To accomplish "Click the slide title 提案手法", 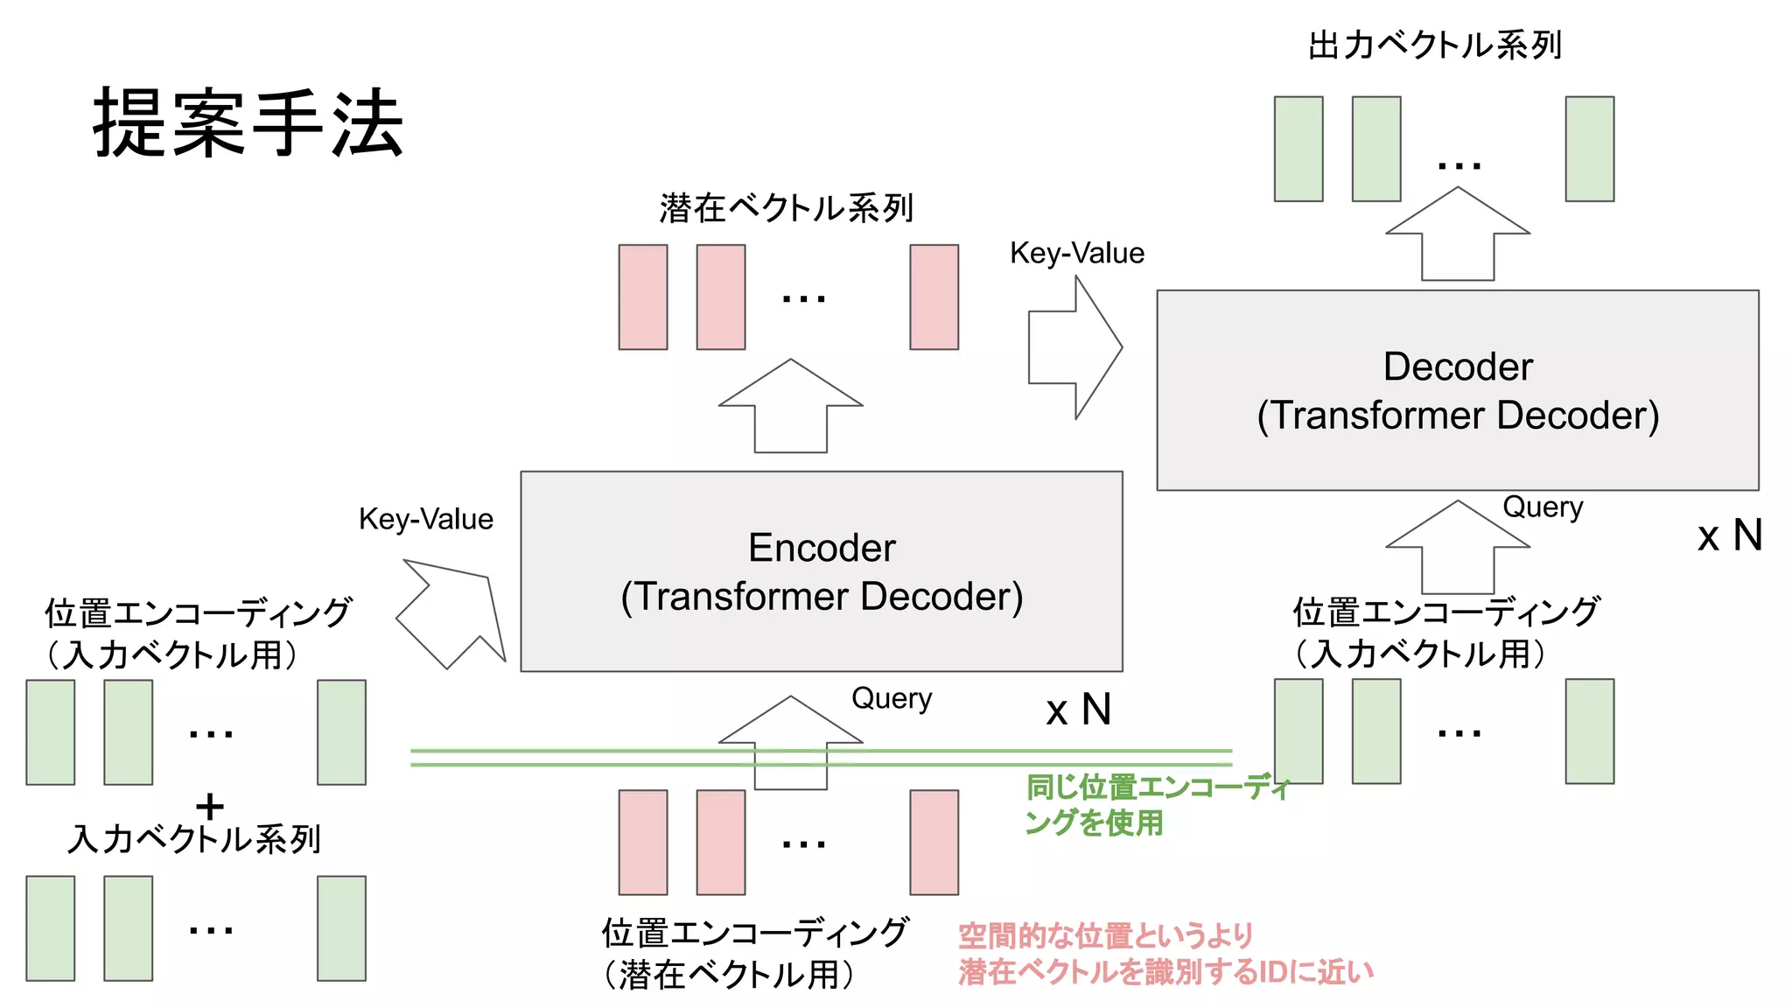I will pyautogui.click(x=248, y=123).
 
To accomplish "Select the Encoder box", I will pyautogui.click(x=821, y=571).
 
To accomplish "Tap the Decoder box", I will pyautogui.click(x=1457, y=390).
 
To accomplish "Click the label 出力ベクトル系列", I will pyautogui.click(x=1434, y=45).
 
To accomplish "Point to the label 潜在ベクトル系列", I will pyautogui.click(x=786, y=208).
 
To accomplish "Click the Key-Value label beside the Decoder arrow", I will pyautogui.click(x=1076, y=253).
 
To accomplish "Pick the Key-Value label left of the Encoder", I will pyautogui.click(x=425, y=519).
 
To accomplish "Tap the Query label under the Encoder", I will pyautogui.click(x=891, y=698).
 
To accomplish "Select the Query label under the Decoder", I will pyautogui.click(x=1542, y=507).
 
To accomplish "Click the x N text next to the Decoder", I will pyautogui.click(x=1729, y=535).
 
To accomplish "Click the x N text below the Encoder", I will pyautogui.click(x=1078, y=710).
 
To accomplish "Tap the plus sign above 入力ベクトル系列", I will pyautogui.click(x=209, y=805).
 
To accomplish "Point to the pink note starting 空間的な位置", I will pyautogui.click(x=1164, y=954).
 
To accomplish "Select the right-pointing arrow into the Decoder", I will pyautogui.click(x=1074, y=347).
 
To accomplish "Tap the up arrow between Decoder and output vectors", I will pyautogui.click(x=1457, y=234).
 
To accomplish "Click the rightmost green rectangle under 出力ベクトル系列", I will pyautogui.click(x=1589, y=149).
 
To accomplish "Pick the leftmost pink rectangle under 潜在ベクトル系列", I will pyautogui.click(x=642, y=297).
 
